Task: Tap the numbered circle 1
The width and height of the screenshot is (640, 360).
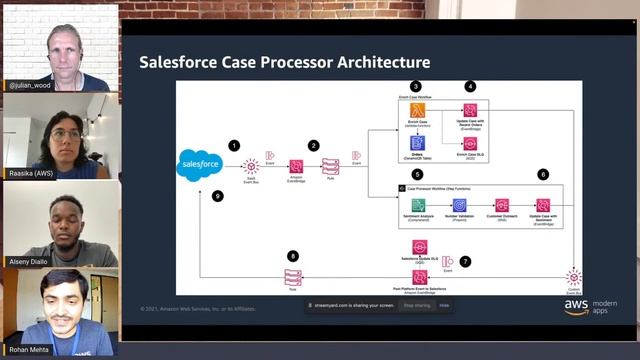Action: click(x=234, y=145)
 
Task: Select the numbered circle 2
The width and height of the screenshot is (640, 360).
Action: click(x=314, y=145)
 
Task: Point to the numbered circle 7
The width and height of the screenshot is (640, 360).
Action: click(x=465, y=260)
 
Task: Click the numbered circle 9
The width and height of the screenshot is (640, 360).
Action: click(x=218, y=196)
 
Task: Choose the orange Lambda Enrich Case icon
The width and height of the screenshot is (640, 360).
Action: click(x=419, y=110)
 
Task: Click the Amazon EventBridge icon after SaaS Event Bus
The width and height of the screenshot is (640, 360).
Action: click(x=296, y=165)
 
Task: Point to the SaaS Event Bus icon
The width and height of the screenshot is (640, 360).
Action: click(x=252, y=164)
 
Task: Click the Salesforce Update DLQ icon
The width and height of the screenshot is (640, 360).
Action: click(x=420, y=246)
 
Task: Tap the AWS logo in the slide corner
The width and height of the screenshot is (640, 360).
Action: click(x=575, y=306)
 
